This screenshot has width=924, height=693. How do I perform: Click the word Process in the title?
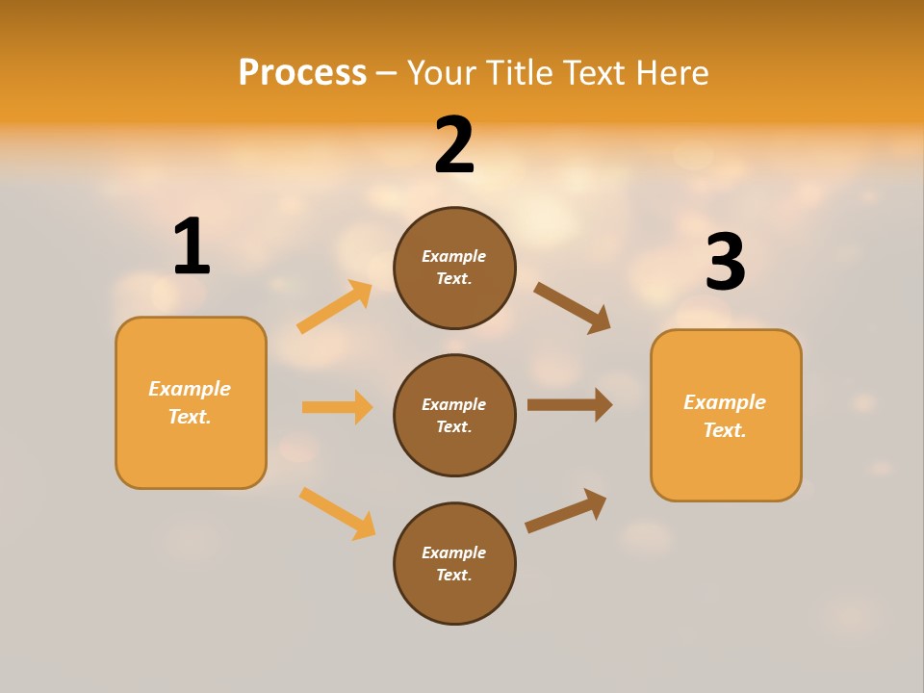pyautogui.click(x=302, y=72)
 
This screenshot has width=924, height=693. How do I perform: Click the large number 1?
pyautogui.click(x=191, y=246)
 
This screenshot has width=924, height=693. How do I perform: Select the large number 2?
pyautogui.click(x=454, y=145)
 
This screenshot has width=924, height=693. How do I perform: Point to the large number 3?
pyautogui.click(x=725, y=262)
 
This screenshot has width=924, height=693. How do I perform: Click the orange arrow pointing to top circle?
pyautogui.click(x=335, y=307)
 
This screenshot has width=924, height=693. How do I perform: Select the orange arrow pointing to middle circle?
pyautogui.click(x=337, y=407)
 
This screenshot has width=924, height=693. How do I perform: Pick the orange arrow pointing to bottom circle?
pyautogui.click(x=337, y=513)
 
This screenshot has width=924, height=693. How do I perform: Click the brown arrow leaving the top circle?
pyautogui.click(x=572, y=308)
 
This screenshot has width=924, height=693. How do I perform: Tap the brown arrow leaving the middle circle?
pyautogui.click(x=570, y=405)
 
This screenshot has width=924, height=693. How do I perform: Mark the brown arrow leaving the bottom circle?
pyautogui.click(x=566, y=511)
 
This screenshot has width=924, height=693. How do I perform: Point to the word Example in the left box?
pyautogui.click(x=190, y=389)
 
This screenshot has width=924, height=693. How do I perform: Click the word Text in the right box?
pyautogui.click(x=724, y=430)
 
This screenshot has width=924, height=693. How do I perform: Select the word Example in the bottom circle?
pyautogui.click(x=454, y=552)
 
